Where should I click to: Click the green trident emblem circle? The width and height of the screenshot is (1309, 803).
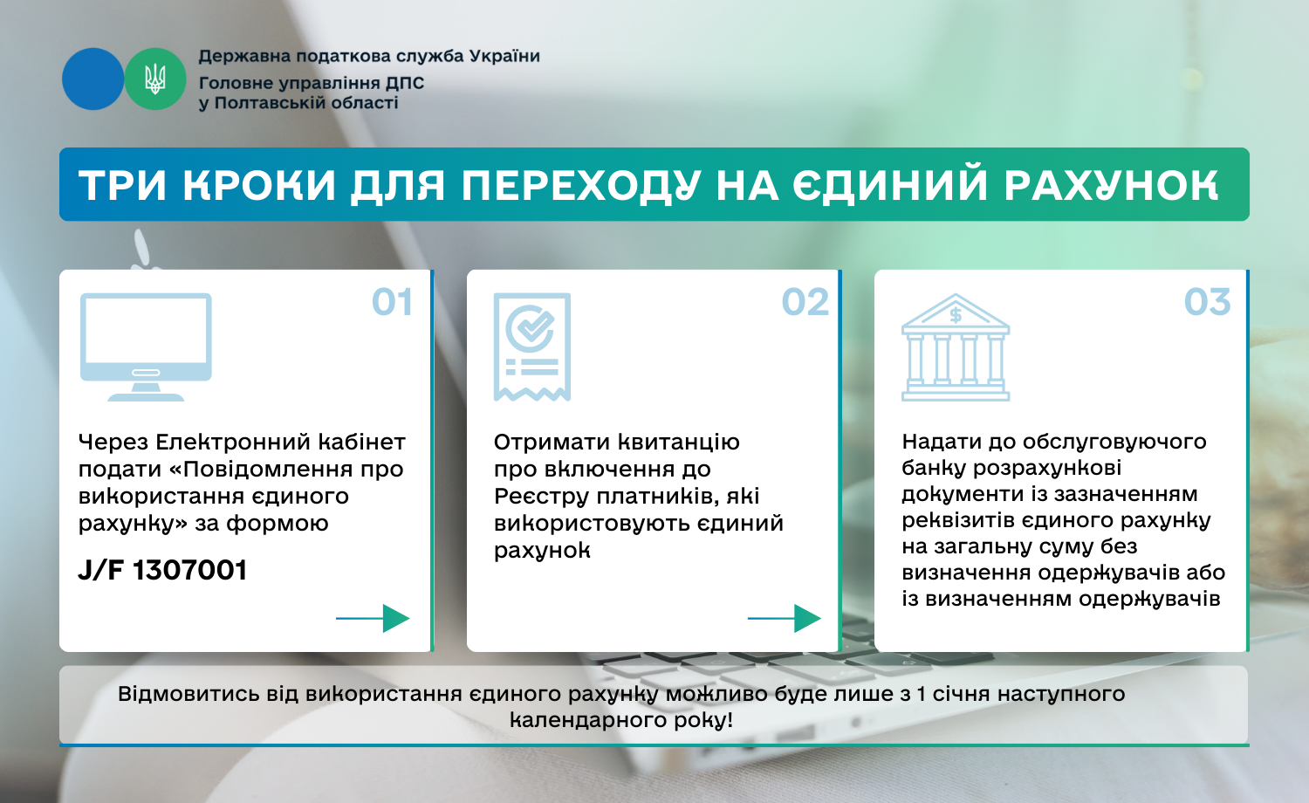pyautogui.click(x=154, y=79)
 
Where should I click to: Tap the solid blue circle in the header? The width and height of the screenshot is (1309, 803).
pyautogui.click(x=93, y=79)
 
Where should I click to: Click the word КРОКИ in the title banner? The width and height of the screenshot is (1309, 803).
pyautogui.click(x=259, y=186)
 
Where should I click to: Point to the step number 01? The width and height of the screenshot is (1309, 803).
pyautogui.click(x=392, y=302)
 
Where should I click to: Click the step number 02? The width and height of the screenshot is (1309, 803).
pyautogui.click(x=805, y=302)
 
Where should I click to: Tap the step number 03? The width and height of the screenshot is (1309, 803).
pyautogui.click(x=1207, y=302)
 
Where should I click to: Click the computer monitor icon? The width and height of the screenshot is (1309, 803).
pyautogui.click(x=146, y=347)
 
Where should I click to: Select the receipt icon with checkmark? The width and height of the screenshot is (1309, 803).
pyautogui.click(x=531, y=347)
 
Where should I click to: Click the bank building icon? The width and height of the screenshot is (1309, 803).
pyautogui.click(x=956, y=347)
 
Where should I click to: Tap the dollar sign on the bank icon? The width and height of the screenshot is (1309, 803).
pyautogui.click(x=956, y=316)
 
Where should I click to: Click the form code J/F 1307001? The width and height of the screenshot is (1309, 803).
pyautogui.click(x=162, y=570)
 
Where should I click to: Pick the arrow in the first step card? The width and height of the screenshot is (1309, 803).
pyautogui.click(x=373, y=618)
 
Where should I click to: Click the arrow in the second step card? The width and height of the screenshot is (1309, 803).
pyautogui.click(x=785, y=618)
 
